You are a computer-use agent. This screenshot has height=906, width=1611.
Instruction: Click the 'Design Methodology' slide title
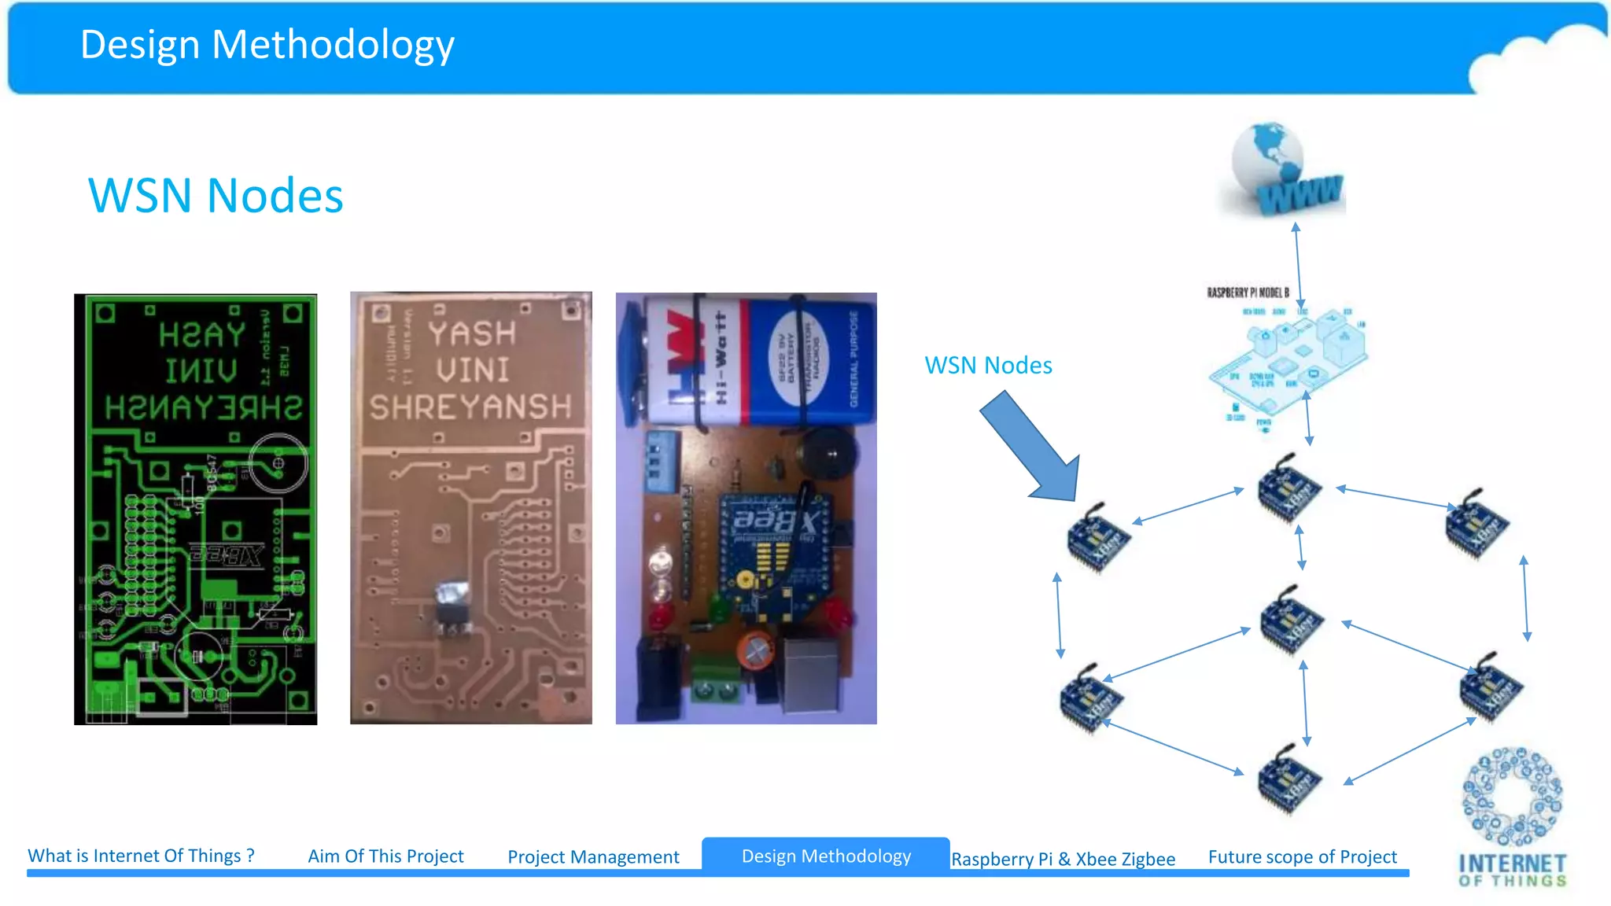[x=267, y=45]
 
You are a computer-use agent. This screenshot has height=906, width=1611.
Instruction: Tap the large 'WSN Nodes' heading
[x=216, y=195]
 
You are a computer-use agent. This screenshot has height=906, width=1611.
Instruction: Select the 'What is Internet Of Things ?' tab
[x=141, y=856]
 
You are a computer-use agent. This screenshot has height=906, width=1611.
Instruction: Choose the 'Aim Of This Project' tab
[x=385, y=856]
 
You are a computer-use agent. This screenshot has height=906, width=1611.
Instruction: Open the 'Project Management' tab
[x=593, y=856]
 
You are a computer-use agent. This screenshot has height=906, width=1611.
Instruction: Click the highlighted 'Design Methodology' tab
[x=826, y=856]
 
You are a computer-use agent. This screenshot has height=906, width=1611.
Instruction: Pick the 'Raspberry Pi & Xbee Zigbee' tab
[x=1063, y=859]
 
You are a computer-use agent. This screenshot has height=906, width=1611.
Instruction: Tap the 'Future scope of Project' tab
[x=1302, y=856]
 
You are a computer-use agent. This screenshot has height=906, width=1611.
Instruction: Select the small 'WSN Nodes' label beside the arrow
[x=988, y=365]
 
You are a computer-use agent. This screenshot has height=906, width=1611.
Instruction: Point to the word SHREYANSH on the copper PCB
[x=470, y=407]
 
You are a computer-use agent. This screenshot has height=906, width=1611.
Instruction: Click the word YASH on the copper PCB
[x=472, y=333]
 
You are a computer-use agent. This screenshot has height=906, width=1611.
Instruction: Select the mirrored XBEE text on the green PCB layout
[x=227, y=555]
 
